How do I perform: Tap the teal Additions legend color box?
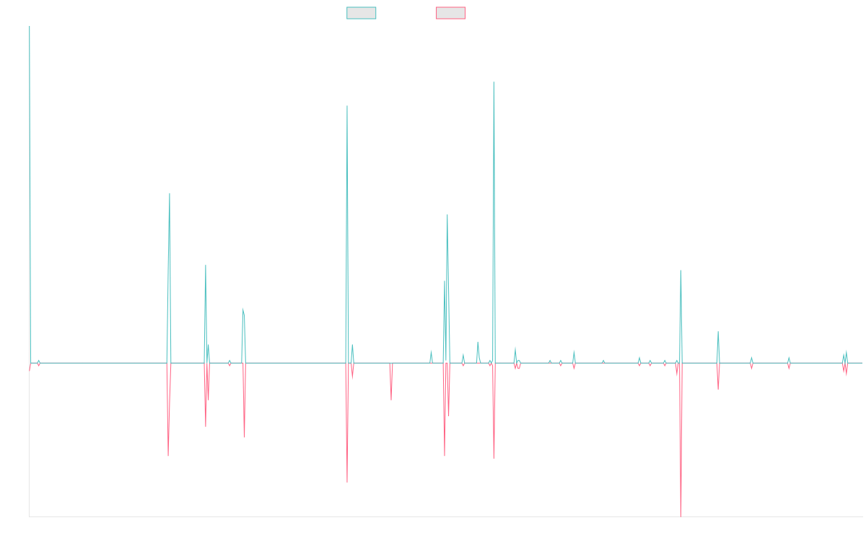[x=362, y=13]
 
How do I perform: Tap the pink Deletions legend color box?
[x=451, y=13]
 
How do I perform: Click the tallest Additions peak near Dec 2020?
[x=494, y=82]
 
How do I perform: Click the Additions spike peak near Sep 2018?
[x=347, y=106]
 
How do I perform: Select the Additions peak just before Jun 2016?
[x=170, y=193]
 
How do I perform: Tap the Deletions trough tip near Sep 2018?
[x=347, y=482]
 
